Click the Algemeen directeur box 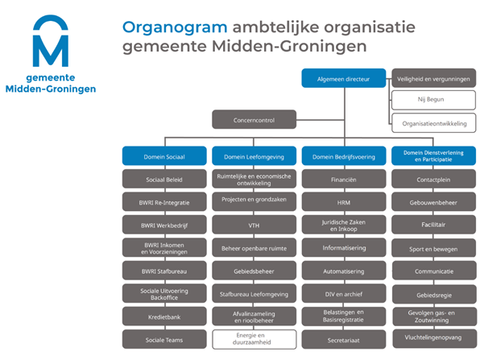(x=344, y=78)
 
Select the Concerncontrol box (x=254, y=119)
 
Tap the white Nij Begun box (x=434, y=100)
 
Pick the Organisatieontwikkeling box (x=434, y=123)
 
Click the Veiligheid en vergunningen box (x=434, y=78)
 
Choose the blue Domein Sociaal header (x=164, y=156)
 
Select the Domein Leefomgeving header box (x=254, y=156)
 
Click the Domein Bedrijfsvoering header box (x=344, y=156)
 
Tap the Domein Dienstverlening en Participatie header (x=434, y=156)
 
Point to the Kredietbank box (x=164, y=317)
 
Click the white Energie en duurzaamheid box (x=254, y=339)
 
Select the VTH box (x=254, y=225)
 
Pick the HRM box (x=344, y=201)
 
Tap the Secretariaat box (x=344, y=339)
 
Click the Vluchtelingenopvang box (x=435, y=339)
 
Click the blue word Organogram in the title (x=175, y=28)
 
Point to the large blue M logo (x=51, y=40)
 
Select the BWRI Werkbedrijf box (x=164, y=225)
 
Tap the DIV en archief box (x=344, y=293)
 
